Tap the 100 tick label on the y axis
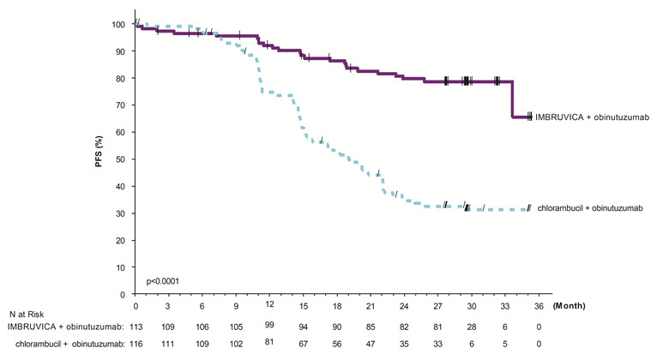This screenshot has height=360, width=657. (x=118, y=24)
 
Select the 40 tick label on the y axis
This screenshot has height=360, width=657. (x=119, y=186)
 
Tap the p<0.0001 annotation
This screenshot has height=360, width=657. (x=162, y=281)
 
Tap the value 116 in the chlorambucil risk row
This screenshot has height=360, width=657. (x=136, y=344)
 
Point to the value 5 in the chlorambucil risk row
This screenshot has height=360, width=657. (x=505, y=344)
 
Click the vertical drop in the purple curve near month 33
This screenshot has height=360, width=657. (x=513, y=99)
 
